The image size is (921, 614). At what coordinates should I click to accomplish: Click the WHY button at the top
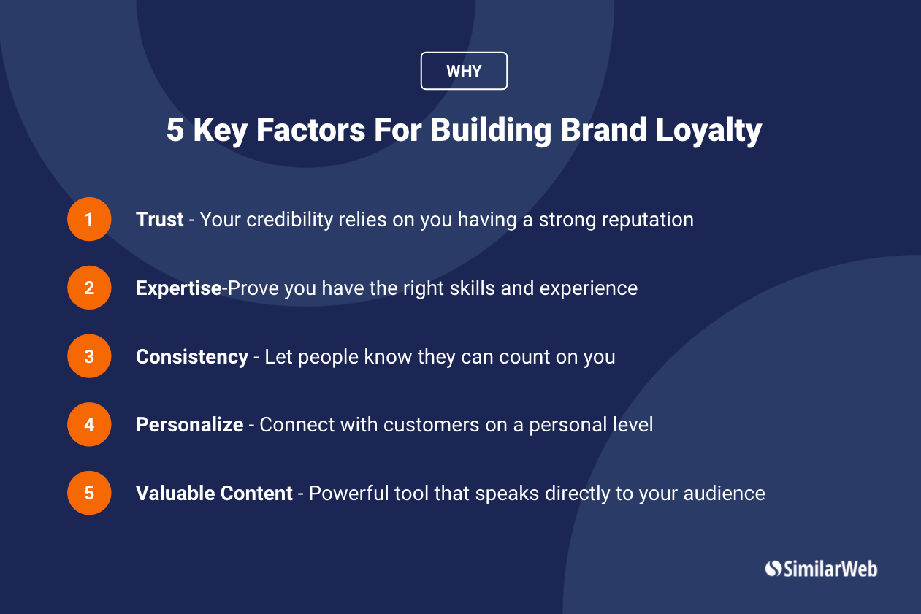464,71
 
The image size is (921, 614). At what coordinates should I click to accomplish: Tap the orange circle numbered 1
89,219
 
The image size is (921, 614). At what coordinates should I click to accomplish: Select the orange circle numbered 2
89,288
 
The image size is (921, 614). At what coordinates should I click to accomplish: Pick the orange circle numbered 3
89,356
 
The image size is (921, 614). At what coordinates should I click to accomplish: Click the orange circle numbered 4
89,424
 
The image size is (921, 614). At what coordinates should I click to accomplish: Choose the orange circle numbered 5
89,493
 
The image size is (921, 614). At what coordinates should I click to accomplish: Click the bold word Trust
159,219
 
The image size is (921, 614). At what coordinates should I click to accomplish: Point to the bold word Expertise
178,288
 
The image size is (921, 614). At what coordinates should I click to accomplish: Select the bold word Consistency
192,357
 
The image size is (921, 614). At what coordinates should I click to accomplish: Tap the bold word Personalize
190,424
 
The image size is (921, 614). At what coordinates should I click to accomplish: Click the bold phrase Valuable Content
214,494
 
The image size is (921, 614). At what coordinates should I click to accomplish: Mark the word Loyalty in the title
708,131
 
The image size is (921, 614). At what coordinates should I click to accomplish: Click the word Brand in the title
603,129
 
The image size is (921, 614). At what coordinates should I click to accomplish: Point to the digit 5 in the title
175,130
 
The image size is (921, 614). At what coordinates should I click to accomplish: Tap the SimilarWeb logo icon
773,569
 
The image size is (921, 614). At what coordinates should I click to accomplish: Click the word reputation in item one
648,220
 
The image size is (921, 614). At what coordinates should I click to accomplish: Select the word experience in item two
589,288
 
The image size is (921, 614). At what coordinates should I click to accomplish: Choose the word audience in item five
724,494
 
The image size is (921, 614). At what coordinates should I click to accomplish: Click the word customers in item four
432,425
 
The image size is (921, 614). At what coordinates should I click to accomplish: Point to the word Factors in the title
311,130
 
